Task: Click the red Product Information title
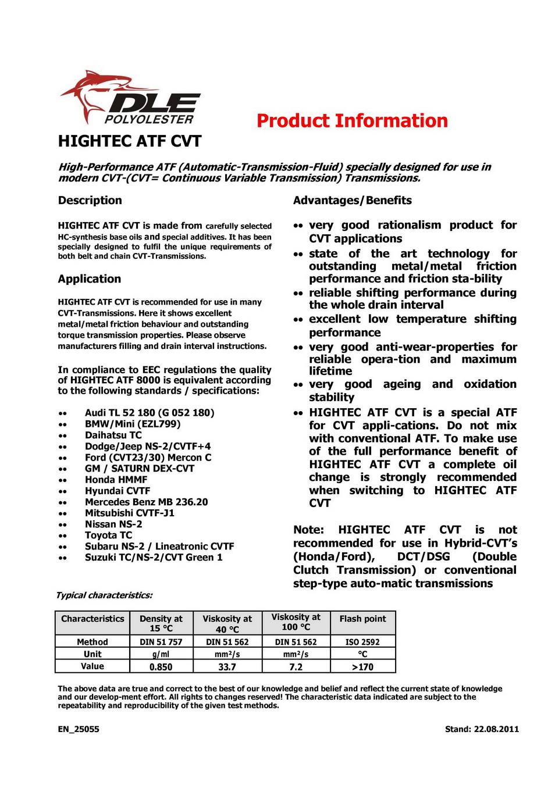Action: [352, 121]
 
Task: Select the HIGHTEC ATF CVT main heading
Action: [130, 141]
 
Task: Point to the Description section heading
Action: [90, 201]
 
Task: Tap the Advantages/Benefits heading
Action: [352, 201]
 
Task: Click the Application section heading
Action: [89, 279]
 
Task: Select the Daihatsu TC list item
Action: [113, 435]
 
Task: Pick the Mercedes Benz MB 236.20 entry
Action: [146, 502]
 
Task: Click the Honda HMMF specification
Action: [116, 480]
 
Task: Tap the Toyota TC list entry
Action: [108, 535]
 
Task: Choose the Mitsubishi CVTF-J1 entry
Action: [129, 513]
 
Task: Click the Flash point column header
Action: [362, 619]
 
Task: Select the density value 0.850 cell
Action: [161, 667]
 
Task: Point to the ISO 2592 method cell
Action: [362, 642]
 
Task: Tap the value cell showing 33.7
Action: [227, 667]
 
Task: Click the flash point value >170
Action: [362, 667]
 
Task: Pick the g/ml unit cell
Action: [161, 654]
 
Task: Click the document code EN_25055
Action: [79, 729]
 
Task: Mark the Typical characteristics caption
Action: [104, 595]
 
